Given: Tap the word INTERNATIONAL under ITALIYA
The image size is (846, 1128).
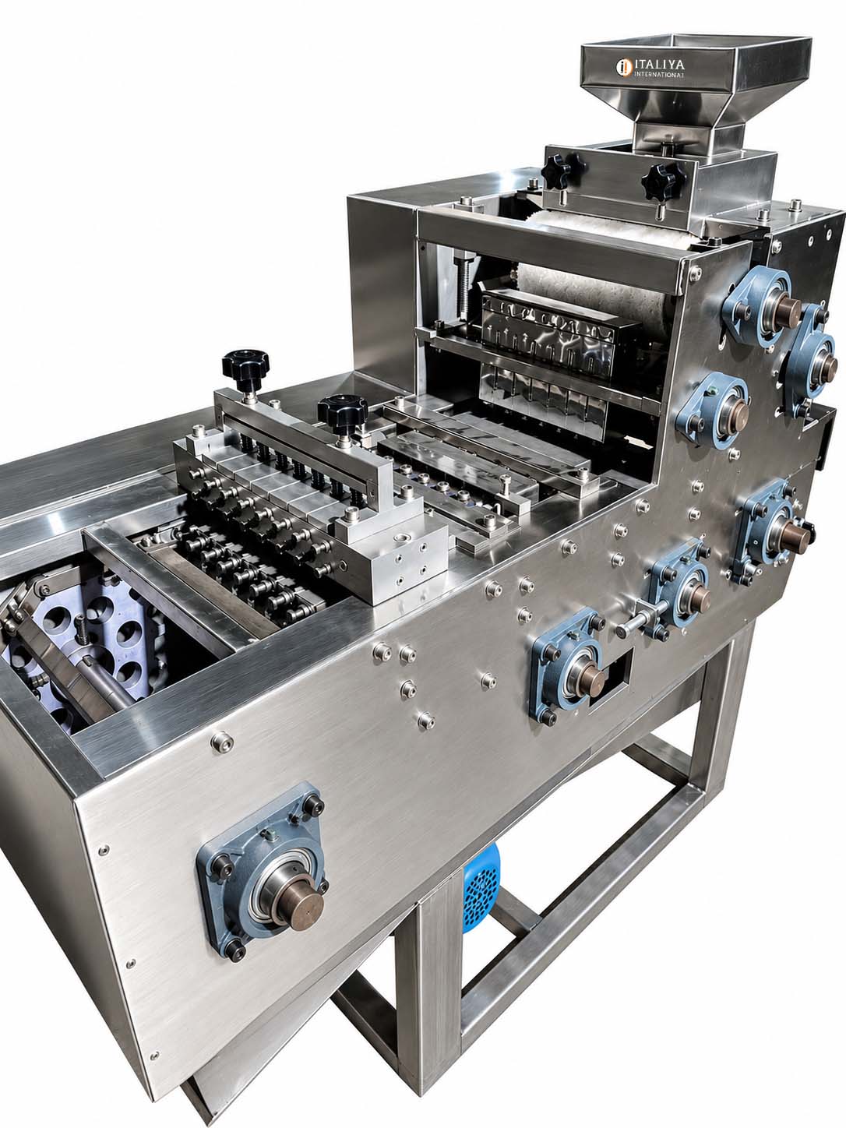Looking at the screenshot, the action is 659,75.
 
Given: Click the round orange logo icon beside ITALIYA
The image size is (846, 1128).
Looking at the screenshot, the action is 624,67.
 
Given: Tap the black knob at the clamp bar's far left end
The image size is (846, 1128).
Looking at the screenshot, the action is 245,363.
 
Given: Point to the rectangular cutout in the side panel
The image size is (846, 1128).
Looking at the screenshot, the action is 610,675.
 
